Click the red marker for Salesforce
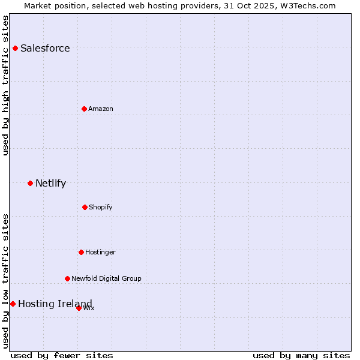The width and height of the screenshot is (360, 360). coord(16,48)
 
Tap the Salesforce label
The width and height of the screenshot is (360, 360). coord(45,49)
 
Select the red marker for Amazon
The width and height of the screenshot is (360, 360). coord(85,109)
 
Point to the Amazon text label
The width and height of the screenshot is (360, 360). coord(101,109)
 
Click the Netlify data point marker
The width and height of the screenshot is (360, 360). coord(31,183)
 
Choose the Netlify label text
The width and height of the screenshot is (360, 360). coord(50,184)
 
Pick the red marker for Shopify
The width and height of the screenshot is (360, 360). coord(85,207)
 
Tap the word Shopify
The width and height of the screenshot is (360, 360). coord(101,208)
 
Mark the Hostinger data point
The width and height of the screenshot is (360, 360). coord(81,252)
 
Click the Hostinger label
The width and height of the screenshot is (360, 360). coord(100,253)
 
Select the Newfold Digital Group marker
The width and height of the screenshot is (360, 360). coord(67,278)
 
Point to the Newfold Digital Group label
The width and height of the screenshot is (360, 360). coord(106,278)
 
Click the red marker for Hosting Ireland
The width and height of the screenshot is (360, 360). coord(13,304)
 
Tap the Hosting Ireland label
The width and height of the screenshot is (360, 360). coord(55,304)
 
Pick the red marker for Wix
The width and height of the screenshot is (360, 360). coord(79,308)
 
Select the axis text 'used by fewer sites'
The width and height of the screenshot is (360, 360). coord(62,355)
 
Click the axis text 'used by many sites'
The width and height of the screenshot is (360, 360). coord(301,355)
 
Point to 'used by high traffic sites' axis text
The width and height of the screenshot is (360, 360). coord(5,85)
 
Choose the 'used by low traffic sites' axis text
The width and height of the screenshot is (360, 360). coord(5,280)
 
